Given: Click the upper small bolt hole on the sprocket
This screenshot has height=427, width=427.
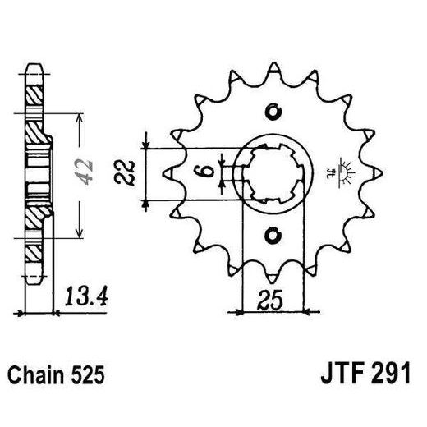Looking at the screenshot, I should [x=273, y=112].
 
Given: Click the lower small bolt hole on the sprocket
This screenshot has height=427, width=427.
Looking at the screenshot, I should [x=273, y=236].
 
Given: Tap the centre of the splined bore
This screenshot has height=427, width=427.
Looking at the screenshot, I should [x=273, y=173].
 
